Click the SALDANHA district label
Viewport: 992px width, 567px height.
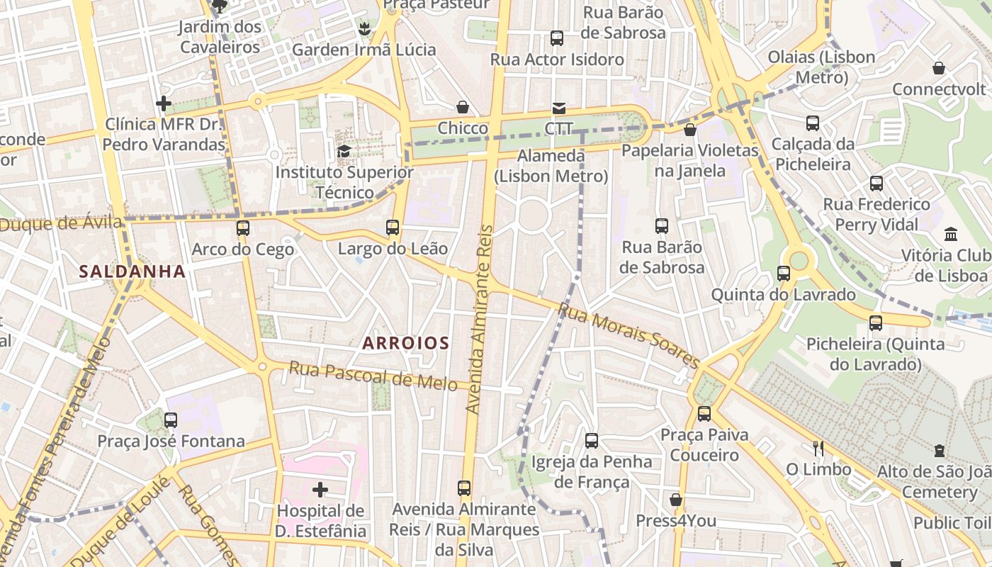click(x=133, y=271)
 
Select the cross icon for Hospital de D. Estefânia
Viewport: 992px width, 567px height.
click(x=320, y=490)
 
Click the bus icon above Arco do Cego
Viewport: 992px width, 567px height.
click(x=243, y=228)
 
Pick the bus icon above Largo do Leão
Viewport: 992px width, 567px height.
click(x=393, y=228)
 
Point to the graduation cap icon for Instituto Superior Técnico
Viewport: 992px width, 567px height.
click(x=344, y=151)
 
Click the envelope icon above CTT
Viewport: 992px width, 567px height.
click(x=559, y=108)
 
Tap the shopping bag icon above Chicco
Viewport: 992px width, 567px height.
click(x=463, y=107)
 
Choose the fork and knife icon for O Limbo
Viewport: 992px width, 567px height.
click(x=818, y=449)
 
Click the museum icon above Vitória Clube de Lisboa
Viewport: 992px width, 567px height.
click(x=951, y=234)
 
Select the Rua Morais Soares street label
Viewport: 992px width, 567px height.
click(x=629, y=335)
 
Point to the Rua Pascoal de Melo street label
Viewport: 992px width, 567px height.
click(x=373, y=376)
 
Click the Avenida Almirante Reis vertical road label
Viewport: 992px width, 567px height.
click(x=479, y=319)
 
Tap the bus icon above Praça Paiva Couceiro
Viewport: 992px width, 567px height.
click(x=704, y=414)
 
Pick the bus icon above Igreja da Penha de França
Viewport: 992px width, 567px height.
click(x=592, y=441)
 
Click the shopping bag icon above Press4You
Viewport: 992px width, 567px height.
click(x=676, y=500)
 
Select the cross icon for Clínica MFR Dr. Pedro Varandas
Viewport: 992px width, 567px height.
click(x=164, y=104)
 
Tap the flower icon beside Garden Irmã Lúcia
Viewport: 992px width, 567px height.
click(x=364, y=29)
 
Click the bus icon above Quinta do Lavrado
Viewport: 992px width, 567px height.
click(x=784, y=274)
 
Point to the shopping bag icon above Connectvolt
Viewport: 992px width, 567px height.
click(x=939, y=69)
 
